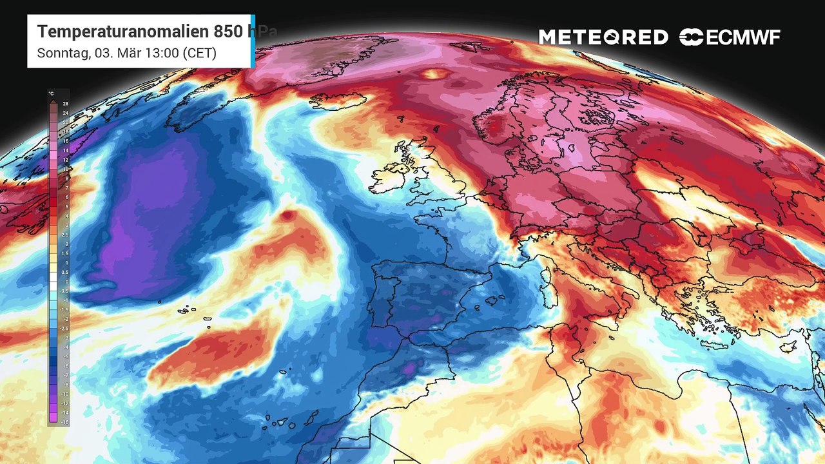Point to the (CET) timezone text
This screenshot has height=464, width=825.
(200, 53)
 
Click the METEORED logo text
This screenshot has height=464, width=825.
(603, 37)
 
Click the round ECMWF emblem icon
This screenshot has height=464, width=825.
(691, 37)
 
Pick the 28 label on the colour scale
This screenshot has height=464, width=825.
(65, 104)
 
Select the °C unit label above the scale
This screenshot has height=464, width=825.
(51, 93)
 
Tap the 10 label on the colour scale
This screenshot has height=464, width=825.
(65, 169)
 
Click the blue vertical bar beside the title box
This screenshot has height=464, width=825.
(253, 41)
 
